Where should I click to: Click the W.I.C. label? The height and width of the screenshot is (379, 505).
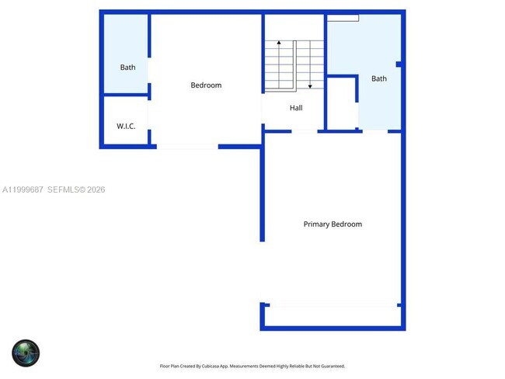(x=126, y=126)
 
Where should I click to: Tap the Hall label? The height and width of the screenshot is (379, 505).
(x=296, y=108)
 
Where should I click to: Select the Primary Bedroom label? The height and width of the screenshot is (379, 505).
(x=333, y=224)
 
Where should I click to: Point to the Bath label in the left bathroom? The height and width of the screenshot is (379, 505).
(x=127, y=68)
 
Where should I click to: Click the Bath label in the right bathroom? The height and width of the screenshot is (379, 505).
(x=379, y=78)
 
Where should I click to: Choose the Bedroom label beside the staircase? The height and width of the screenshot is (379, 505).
(x=206, y=85)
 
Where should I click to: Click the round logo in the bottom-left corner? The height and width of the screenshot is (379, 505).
(x=26, y=353)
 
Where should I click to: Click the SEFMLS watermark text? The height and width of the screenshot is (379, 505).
(x=66, y=189)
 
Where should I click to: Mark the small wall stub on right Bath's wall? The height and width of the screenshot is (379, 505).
(x=398, y=64)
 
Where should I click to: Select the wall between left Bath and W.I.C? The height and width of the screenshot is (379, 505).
(x=126, y=96)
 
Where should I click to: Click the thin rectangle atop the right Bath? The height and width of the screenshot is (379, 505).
(x=343, y=17)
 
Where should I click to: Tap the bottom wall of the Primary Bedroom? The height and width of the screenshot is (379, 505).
(x=333, y=328)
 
